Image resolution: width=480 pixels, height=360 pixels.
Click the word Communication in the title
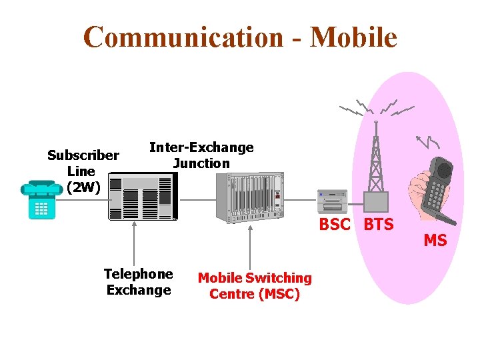click(x=183, y=37)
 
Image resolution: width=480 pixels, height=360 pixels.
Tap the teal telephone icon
click(x=41, y=199)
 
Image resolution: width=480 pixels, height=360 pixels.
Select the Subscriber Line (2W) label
click(x=83, y=171)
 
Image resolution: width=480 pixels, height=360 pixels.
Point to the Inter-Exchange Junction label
click(x=201, y=155)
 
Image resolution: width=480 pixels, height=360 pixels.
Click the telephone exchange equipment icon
click(x=143, y=197)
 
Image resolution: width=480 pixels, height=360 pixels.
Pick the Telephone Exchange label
click(x=139, y=282)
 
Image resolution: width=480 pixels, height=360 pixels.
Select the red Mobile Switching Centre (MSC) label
click(x=255, y=285)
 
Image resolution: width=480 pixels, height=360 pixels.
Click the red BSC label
click(x=335, y=225)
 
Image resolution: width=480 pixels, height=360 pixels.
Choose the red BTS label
click(x=379, y=225)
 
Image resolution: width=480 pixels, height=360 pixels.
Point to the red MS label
click(x=435, y=241)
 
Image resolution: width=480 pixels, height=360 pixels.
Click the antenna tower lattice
click(x=377, y=160)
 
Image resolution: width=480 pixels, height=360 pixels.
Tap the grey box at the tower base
click(x=376, y=201)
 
